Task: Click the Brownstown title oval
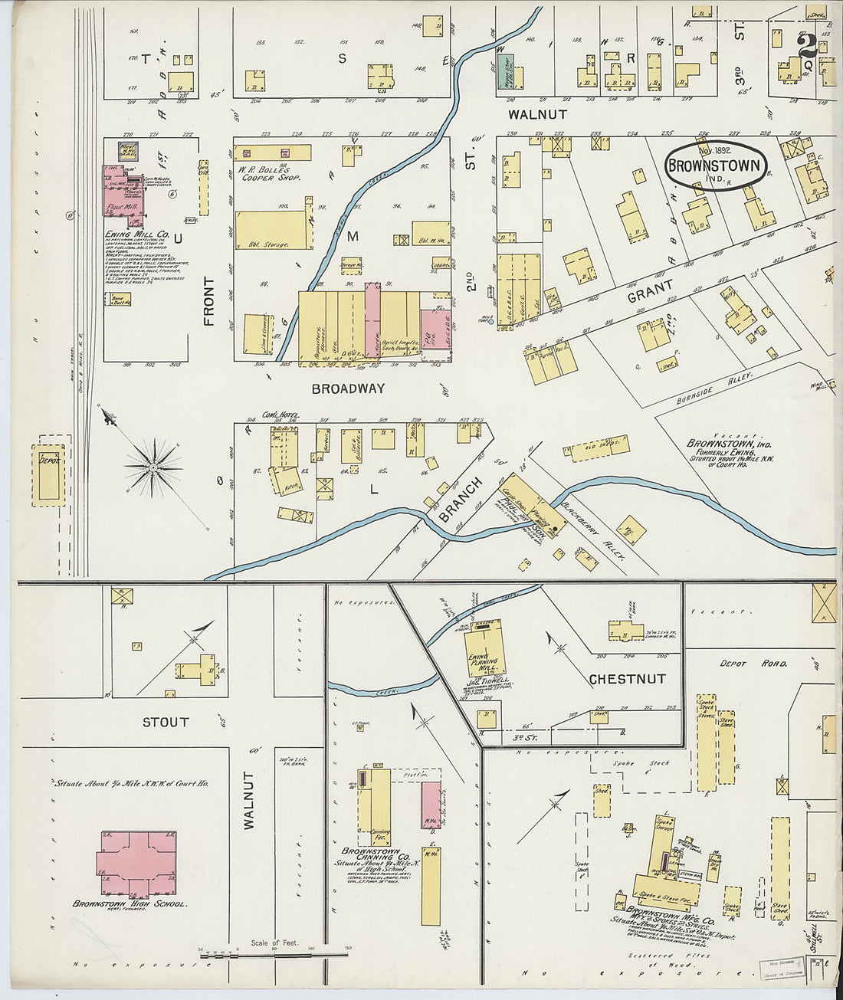pyautogui.click(x=715, y=166)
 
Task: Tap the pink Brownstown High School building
pyautogui.click(x=135, y=863)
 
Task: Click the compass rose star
pyautogui.click(x=153, y=467)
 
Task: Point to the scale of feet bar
pyautogui.click(x=274, y=955)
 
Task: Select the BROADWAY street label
pyautogui.click(x=348, y=389)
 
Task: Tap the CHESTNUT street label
pyautogui.click(x=627, y=679)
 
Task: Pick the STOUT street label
pyautogui.click(x=166, y=722)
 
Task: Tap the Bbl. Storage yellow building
pyautogui.click(x=273, y=230)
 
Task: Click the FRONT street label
pyautogui.click(x=209, y=301)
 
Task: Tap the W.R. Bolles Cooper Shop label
pyautogui.click(x=267, y=173)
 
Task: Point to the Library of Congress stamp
pyautogui.click(x=782, y=969)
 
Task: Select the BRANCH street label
pyautogui.click(x=461, y=500)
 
